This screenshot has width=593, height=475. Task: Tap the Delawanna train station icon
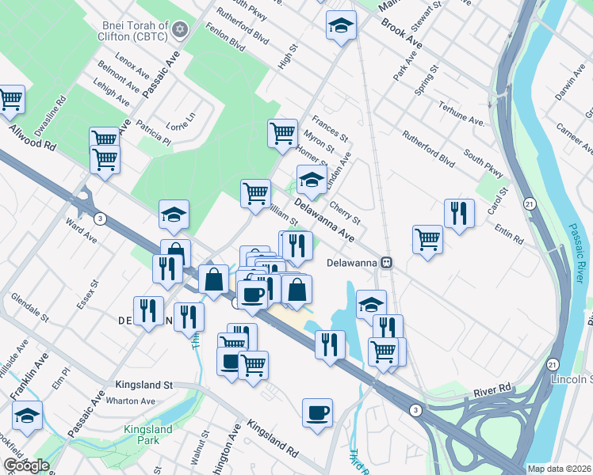[387, 262]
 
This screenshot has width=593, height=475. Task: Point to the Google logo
[26, 465]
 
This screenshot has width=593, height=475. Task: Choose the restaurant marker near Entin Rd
[459, 213]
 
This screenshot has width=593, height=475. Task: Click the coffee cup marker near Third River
[317, 412]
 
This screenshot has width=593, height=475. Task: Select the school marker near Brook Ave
[341, 25]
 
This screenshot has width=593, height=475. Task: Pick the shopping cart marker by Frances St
[282, 133]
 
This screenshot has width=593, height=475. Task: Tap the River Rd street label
[492, 390]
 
